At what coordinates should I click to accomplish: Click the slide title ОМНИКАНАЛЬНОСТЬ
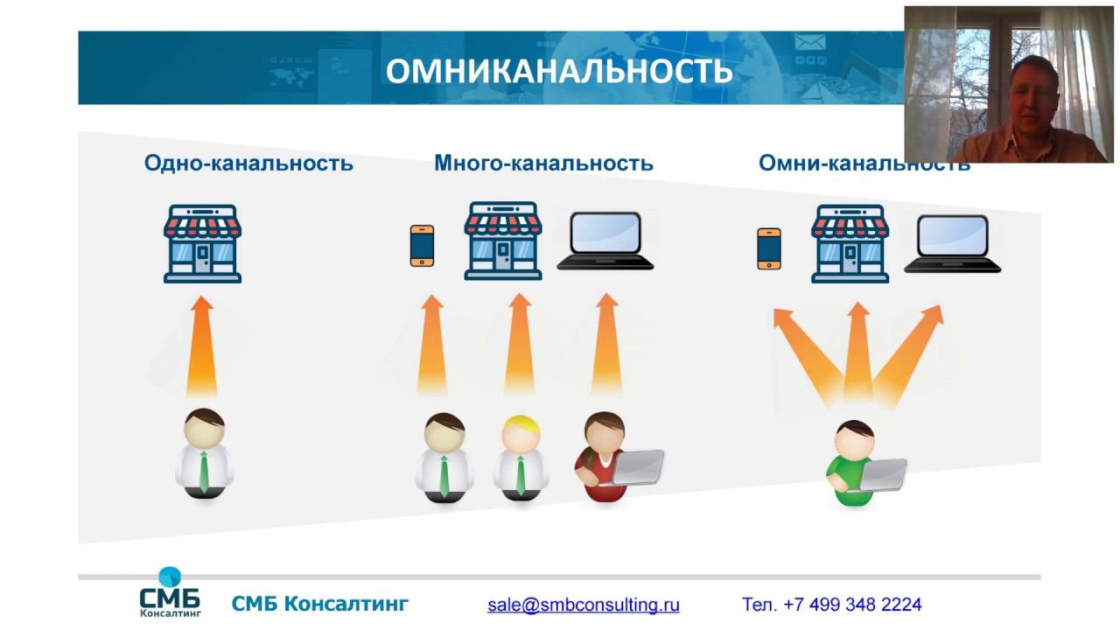coord(559,72)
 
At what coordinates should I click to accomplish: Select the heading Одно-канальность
coord(248,163)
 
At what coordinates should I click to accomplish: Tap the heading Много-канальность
coord(543,163)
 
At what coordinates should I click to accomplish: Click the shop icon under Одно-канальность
coord(202,243)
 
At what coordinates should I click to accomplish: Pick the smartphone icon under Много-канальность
coord(422,245)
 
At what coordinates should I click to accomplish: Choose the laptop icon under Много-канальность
coord(605,241)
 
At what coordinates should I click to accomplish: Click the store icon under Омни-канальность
coord(850,243)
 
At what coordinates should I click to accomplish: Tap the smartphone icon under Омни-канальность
coord(768,248)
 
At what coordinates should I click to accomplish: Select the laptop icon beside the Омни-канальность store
coord(952,244)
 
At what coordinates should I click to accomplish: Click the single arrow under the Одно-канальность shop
coord(202,346)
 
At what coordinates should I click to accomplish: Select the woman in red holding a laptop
coord(604,457)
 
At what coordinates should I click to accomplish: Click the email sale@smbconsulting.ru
coord(584,605)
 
